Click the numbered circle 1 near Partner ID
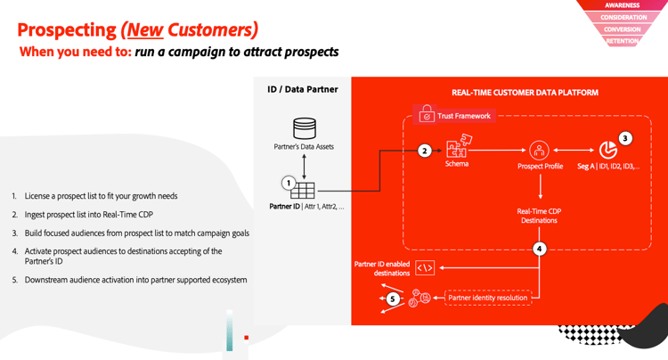tap(288, 183)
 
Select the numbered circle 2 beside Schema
tap(425, 151)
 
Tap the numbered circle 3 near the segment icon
tap(625, 138)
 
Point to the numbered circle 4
tap(540, 249)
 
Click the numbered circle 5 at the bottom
tap(393, 299)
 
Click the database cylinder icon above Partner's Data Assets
tap(305, 128)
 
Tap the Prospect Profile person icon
tap(539, 150)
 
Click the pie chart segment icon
tap(608, 150)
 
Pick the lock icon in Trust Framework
tap(427, 115)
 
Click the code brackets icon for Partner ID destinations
tap(424, 267)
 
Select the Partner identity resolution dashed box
tap(487, 298)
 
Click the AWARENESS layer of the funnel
tap(622, 5)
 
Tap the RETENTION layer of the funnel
tap(622, 40)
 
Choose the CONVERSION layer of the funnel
tap(622, 29)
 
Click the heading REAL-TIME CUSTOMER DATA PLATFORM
tap(525, 93)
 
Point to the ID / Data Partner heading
tap(302, 89)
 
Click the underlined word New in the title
tap(145, 30)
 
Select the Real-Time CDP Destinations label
tap(539, 216)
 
